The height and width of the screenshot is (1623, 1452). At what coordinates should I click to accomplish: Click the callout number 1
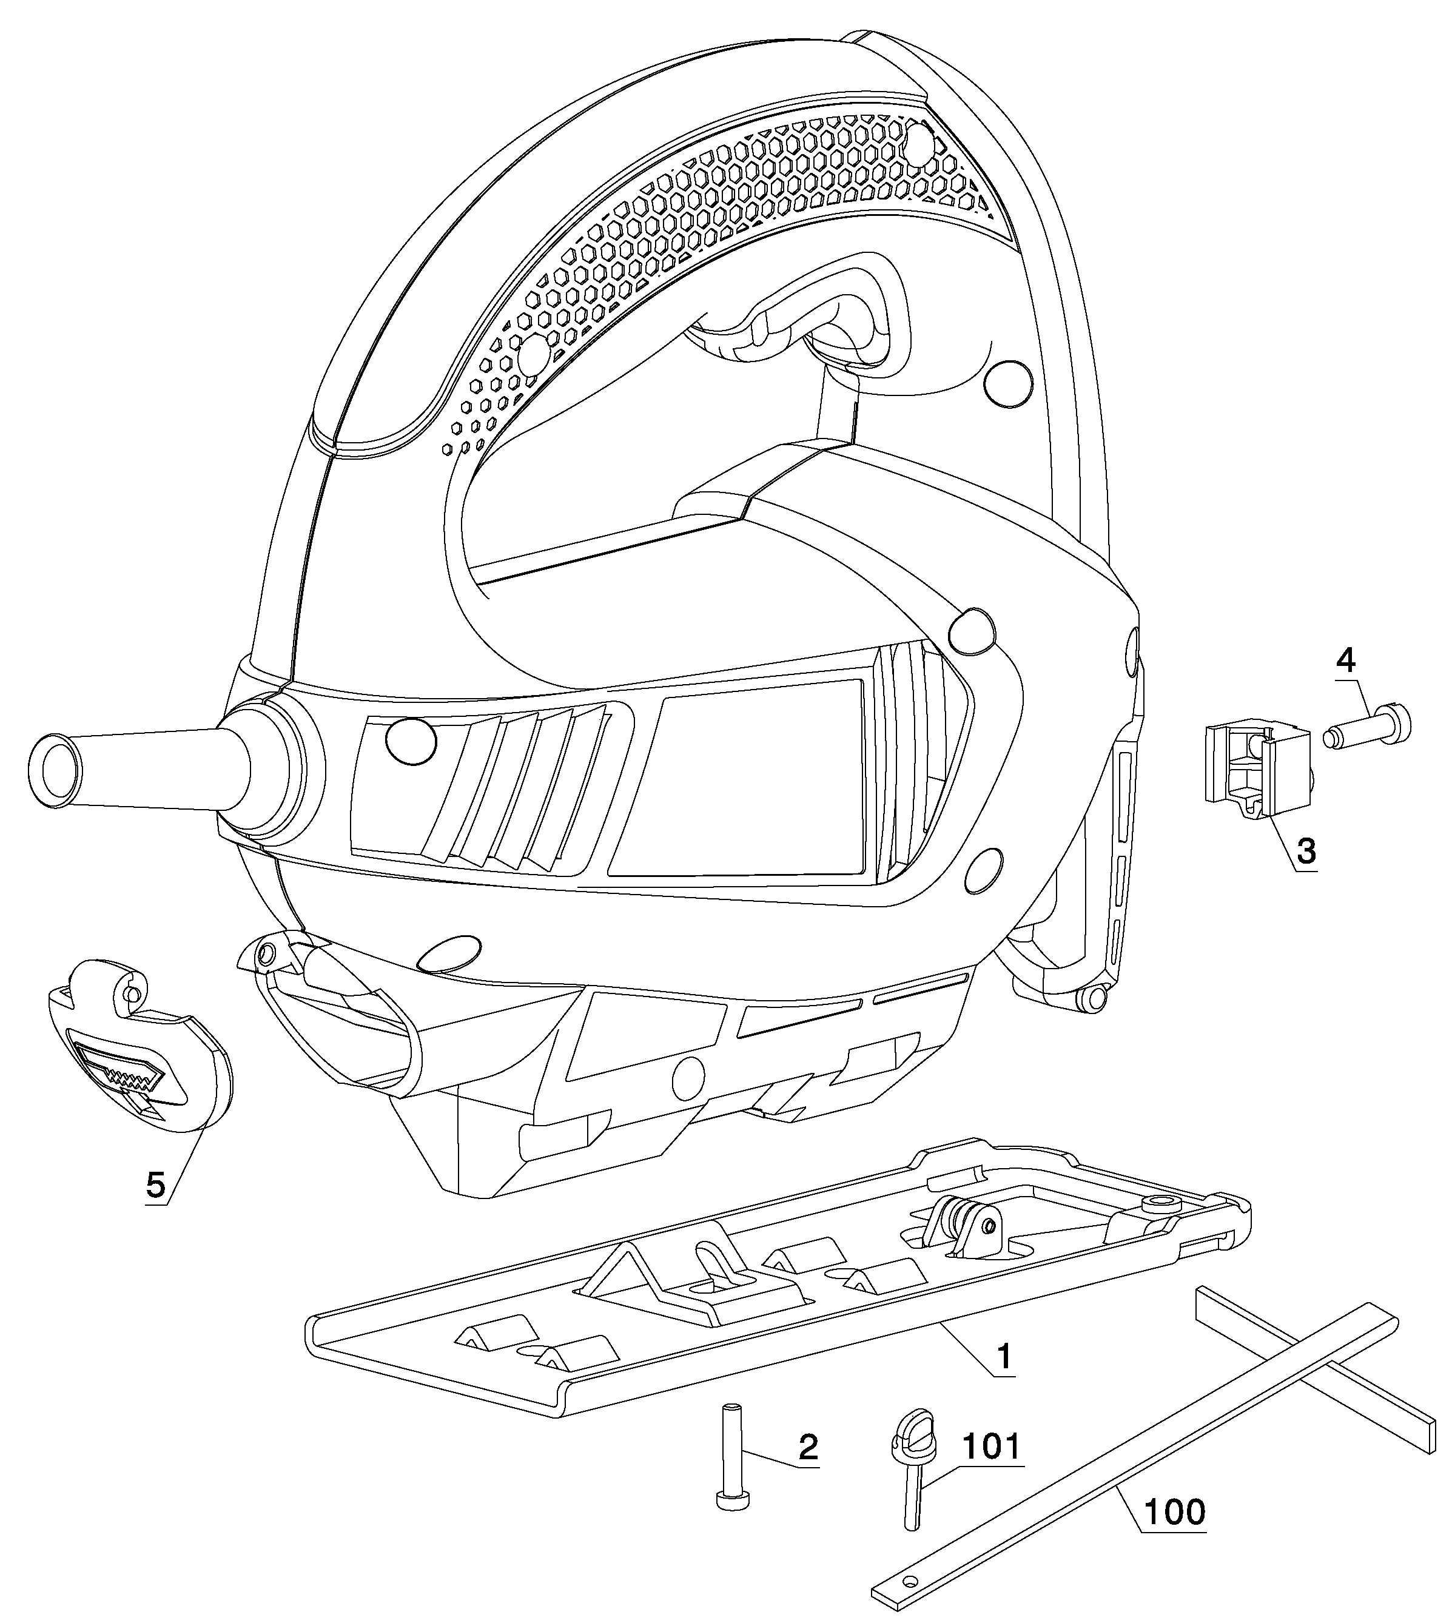click(x=1004, y=1355)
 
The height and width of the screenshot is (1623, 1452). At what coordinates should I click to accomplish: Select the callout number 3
click(x=1306, y=852)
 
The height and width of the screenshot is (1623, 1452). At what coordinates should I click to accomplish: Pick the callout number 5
click(x=155, y=1185)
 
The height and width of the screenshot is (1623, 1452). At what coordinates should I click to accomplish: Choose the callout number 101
click(x=991, y=1446)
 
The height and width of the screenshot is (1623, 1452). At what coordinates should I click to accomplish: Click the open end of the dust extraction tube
click(x=54, y=768)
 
